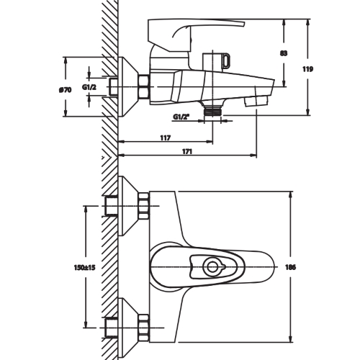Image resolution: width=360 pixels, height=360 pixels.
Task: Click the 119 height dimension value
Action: (307, 69)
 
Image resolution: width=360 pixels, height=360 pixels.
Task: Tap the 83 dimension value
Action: (284, 53)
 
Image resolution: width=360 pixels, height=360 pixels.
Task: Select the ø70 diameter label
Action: (65, 90)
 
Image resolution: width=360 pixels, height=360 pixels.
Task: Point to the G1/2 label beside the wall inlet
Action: (89, 87)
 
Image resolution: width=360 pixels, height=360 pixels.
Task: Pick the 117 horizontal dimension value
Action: (166, 138)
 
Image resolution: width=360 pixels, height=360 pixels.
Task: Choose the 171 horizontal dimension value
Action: (187, 152)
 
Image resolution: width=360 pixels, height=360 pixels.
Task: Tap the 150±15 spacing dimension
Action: (84, 267)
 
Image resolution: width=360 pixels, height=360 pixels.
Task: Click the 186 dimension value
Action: (291, 267)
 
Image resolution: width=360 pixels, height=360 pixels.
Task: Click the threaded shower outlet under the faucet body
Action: (212, 112)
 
